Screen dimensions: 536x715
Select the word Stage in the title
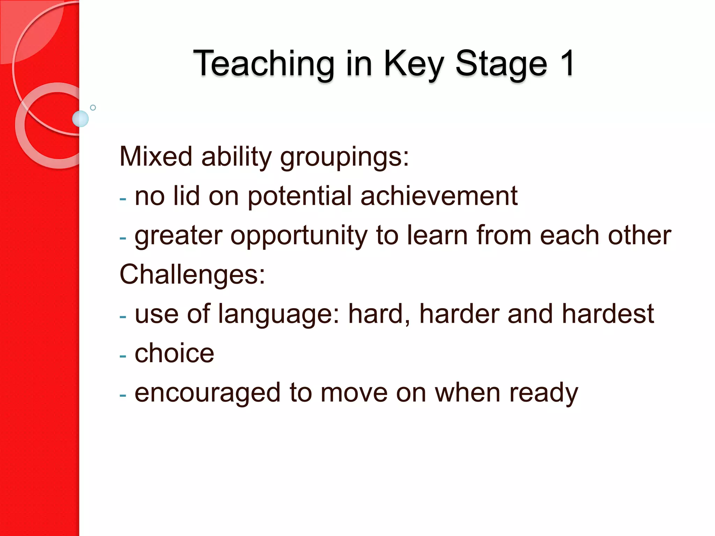coord(501,64)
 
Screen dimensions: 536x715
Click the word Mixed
coord(156,156)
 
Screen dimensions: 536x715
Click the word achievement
coord(439,196)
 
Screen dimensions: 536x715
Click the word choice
coord(174,353)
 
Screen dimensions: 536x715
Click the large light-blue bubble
coord(80,119)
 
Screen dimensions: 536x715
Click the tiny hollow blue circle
coord(93,107)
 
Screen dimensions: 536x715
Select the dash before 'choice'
coord(123,356)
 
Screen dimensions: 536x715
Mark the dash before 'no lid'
coord(123,199)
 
